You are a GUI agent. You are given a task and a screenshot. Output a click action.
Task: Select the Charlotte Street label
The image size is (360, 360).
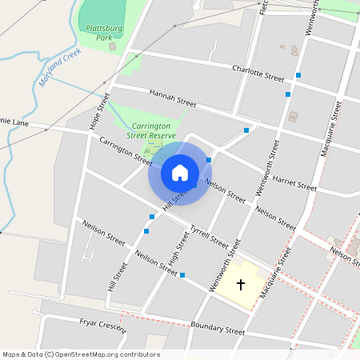[x=258, y=74]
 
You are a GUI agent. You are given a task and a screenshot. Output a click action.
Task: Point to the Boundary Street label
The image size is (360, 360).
[x=218, y=328]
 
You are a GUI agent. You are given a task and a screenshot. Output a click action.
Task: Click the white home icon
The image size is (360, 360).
[x=180, y=172]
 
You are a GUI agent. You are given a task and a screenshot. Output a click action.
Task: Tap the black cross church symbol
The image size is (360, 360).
[x=241, y=284]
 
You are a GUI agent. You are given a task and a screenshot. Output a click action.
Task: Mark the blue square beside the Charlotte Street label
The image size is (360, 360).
[x=298, y=74]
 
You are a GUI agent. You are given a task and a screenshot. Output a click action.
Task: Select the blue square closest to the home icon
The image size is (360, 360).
[x=209, y=160]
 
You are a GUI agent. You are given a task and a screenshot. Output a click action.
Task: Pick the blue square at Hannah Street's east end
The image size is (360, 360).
[x=247, y=130]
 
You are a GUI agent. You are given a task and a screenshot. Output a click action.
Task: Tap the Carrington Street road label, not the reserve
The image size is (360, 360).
[x=125, y=151]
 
